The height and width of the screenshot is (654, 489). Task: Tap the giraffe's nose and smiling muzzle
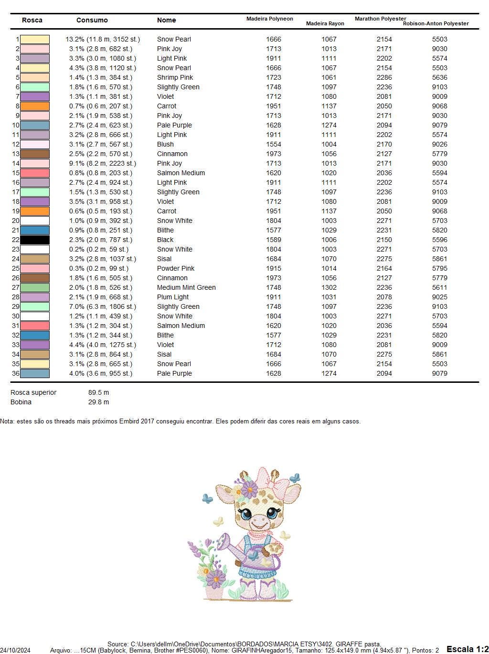(258, 521)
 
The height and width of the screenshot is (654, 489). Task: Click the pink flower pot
(214, 592)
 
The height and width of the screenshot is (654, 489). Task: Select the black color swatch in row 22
(35, 240)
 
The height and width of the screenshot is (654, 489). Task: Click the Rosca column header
(32, 20)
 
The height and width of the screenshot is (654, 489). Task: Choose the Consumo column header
(92, 20)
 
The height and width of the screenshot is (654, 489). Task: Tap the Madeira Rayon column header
(325, 23)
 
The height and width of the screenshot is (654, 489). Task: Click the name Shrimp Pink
(175, 77)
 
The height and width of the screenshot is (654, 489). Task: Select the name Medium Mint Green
(186, 287)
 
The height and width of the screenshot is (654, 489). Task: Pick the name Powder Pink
(176, 268)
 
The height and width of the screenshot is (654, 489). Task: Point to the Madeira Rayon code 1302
(329, 287)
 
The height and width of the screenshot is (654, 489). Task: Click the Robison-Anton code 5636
(440, 77)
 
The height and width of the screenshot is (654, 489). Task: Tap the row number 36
(16, 373)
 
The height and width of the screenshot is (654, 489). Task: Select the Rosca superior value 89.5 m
(98, 392)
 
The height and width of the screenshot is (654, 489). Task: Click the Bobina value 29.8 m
(98, 402)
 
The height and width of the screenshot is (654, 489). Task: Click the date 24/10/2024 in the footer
(15, 650)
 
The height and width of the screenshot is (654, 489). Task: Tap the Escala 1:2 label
(468, 649)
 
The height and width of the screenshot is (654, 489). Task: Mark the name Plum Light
(173, 297)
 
